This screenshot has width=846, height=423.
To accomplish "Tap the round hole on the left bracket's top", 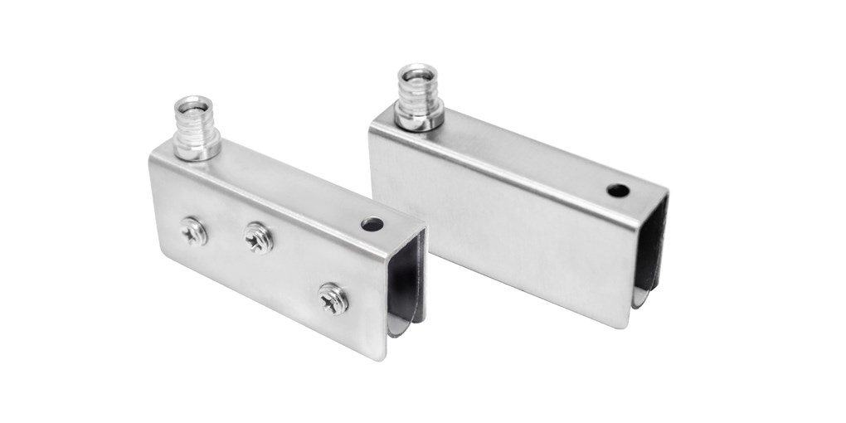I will [372, 224].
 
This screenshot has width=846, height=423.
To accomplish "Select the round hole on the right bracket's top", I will [617, 190].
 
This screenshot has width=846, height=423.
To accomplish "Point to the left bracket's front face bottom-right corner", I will [383, 359].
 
